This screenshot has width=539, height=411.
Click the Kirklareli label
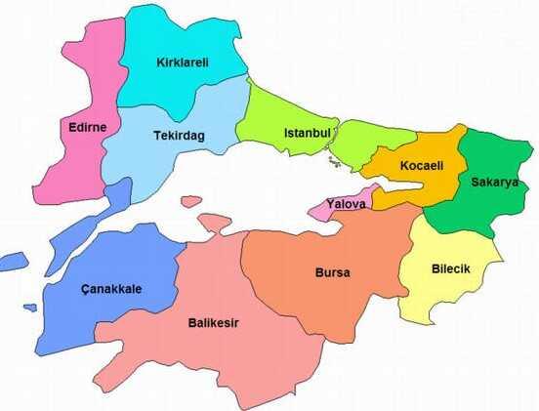tap(183, 63)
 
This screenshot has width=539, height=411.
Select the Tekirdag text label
tap(179, 136)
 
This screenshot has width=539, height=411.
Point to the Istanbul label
tap(307, 133)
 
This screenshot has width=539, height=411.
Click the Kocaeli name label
tap(422, 166)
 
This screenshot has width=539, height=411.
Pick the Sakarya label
tap(492, 182)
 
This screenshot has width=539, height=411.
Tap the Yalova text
tap(347, 205)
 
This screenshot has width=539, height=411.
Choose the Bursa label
tap(332, 271)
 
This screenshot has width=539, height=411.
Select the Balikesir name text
tap(214, 323)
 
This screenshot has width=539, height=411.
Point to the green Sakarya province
tap(488, 210)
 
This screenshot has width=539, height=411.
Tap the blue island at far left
tap(14, 262)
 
